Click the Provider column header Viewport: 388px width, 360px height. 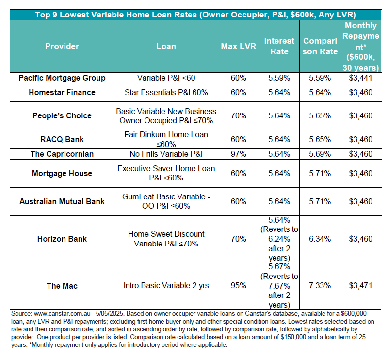pos(62,46)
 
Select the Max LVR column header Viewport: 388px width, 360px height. pos(238,46)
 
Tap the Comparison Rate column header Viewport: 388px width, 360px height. pos(320,46)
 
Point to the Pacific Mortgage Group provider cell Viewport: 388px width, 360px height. pos(62,78)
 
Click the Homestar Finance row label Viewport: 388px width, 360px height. pos(62,92)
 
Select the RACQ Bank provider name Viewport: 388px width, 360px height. pos(62,139)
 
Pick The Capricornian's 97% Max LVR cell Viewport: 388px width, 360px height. pos(238,154)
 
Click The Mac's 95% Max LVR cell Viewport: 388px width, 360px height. pos(238,285)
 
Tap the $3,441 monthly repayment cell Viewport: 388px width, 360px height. pos(360,78)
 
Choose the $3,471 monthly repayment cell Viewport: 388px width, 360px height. pos(360,285)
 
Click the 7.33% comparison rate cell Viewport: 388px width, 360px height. pos(320,285)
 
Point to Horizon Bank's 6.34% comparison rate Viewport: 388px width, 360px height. pos(320,239)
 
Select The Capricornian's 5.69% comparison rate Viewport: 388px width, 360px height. pos(320,154)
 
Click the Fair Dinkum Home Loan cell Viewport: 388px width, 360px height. pos(166,139)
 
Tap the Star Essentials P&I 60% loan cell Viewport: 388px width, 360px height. pos(166,92)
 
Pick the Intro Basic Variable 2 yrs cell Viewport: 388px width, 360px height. pos(166,285)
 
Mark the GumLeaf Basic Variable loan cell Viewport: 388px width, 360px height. pos(166,201)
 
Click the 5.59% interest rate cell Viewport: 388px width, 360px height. pos(279,78)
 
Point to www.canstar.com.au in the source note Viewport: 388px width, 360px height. pos(62,314)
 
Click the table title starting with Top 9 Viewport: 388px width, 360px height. pos(195,15)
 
